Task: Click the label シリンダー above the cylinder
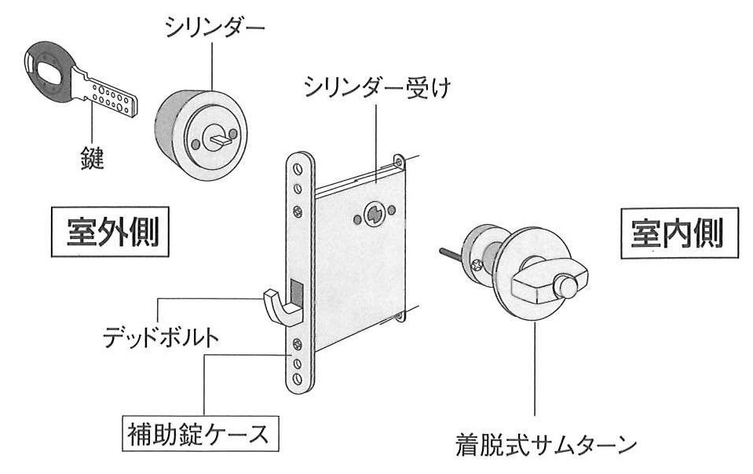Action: pos(214,28)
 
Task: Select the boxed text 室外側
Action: pos(112,230)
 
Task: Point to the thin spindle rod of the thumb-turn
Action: pos(451,254)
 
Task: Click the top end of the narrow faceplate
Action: pos(300,162)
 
